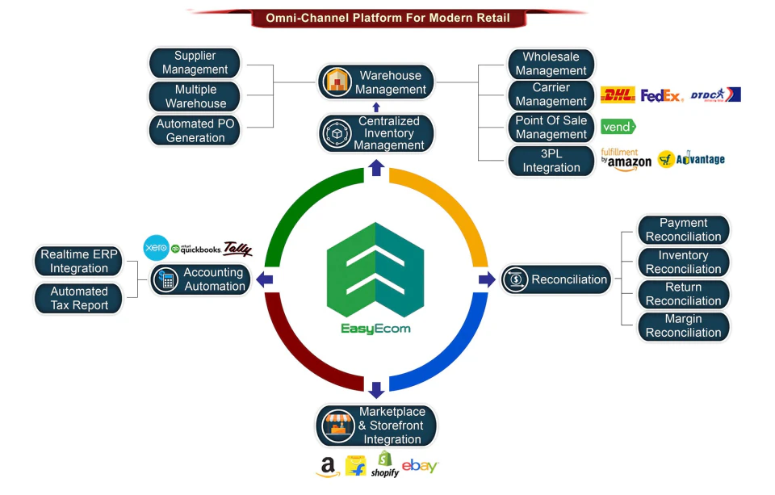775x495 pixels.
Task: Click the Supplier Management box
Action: click(195, 63)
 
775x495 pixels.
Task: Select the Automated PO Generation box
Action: click(195, 131)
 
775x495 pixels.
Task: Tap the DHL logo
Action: click(618, 95)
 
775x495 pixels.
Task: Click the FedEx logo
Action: click(662, 95)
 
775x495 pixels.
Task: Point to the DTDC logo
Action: click(715, 94)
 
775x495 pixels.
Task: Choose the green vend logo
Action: click(618, 127)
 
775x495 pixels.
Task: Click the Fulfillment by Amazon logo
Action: click(626, 159)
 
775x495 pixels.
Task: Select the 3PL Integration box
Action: click(551, 161)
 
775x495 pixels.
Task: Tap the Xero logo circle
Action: click(156, 248)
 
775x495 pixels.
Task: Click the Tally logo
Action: click(237, 249)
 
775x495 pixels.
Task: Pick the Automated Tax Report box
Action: click(78, 298)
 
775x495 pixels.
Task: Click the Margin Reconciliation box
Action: click(683, 326)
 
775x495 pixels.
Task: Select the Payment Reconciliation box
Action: click(683, 230)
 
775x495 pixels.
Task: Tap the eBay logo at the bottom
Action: click(420, 466)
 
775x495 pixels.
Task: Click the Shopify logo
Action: click(385, 464)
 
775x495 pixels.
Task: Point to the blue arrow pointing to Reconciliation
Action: click(487, 279)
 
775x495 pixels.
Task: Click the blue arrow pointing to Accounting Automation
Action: click(264, 279)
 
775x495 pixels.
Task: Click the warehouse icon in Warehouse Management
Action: click(336, 82)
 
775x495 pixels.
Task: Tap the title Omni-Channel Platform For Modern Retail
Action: click(387, 18)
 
